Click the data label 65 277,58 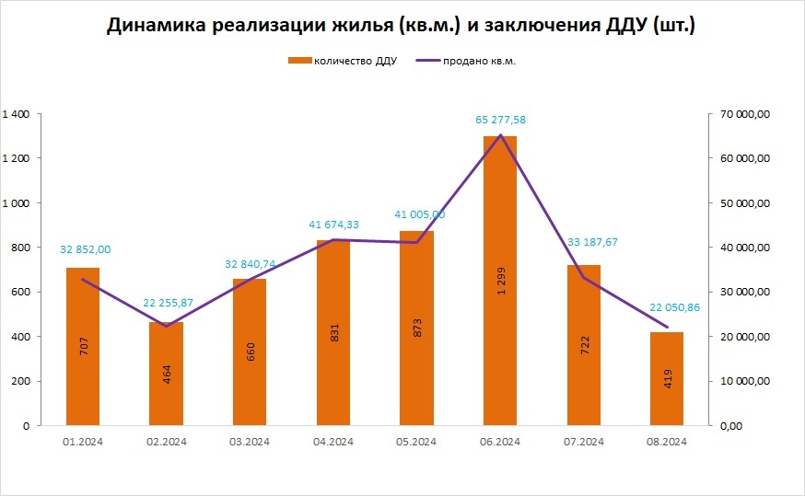(500, 120)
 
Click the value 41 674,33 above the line (333, 224)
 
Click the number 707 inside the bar (83, 346)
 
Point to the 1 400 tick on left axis (17, 114)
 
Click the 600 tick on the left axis (21, 292)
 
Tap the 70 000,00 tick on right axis (744, 114)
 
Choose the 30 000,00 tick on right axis (744, 292)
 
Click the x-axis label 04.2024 (333, 442)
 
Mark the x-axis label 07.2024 (584, 442)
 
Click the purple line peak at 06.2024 (500, 135)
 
